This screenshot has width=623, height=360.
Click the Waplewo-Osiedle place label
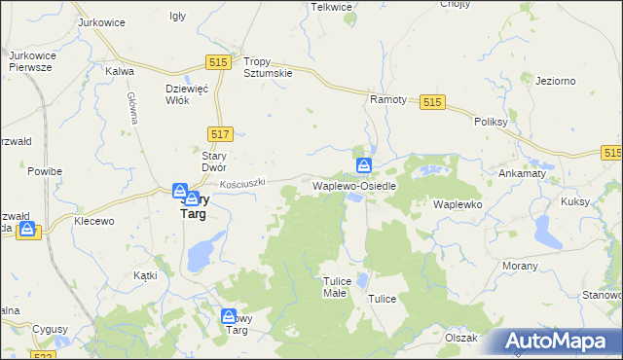[353, 185]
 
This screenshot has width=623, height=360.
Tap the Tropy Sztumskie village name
[268, 66]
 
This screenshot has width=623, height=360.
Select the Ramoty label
[386, 99]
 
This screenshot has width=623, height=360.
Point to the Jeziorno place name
[556, 81]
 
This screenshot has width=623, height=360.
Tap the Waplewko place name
[458, 204]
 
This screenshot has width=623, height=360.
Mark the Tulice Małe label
[335, 286]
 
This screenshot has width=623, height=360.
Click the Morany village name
[521, 265]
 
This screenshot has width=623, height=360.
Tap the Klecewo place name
[94, 221]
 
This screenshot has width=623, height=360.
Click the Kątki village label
[145, 275]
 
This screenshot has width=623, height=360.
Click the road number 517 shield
[221, 133]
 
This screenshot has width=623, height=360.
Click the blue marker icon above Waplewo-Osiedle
[364, 164]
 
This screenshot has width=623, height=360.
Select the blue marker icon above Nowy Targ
[230, 315]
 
